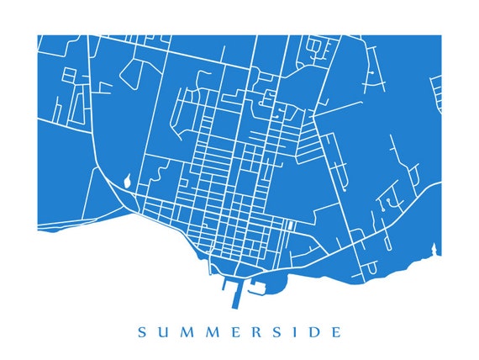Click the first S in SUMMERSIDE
coord(141,332)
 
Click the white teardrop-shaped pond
coord(127,180)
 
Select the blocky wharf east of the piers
coord(257,289)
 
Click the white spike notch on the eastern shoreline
coord(434,248)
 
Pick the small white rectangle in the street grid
coord(290,225)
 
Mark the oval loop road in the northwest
coord(132,74)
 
